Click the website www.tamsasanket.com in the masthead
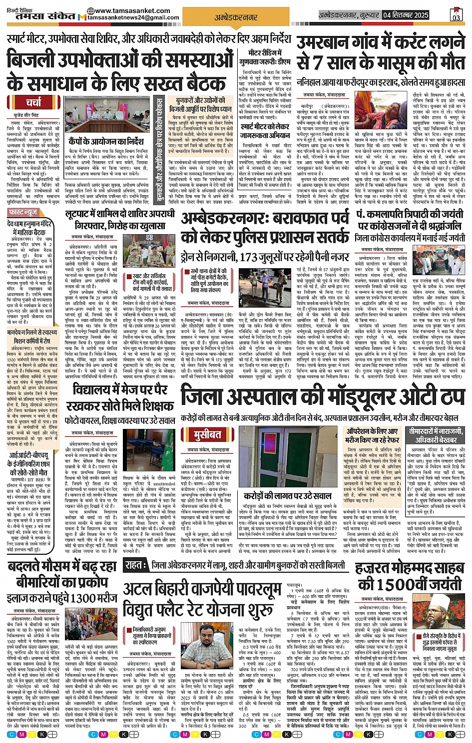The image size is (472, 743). [x=132, y=10]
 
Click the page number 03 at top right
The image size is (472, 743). [x=456, y=15]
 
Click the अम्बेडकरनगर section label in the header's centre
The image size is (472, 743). [x=236, y=17]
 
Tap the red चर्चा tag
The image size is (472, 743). [x=34, y=103]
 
